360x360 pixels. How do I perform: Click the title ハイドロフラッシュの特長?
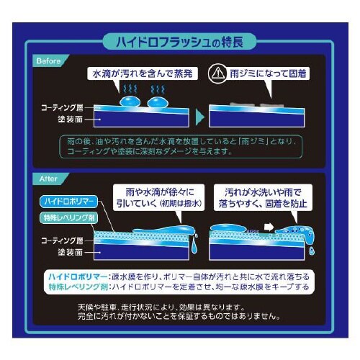click(x=179, y=41)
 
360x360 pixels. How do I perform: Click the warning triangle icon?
click(x=217, y=73)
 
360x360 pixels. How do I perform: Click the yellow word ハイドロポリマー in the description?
click(x=75, y=276)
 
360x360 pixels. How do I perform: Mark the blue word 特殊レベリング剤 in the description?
click(x=75, y=287)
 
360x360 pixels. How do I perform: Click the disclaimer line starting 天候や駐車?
click(x=180, y=305)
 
